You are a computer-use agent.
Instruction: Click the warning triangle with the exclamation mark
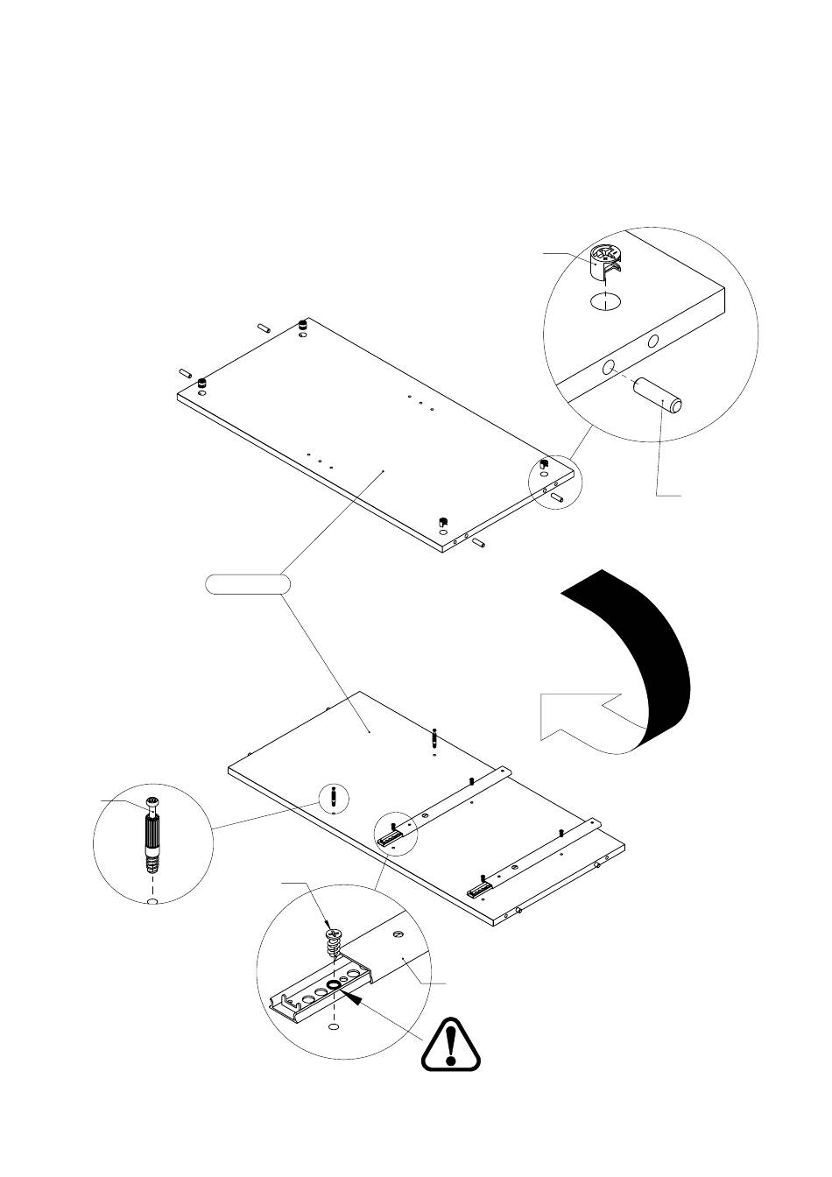[x=451, y=1044]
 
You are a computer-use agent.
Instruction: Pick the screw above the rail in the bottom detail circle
[x=332, y=942]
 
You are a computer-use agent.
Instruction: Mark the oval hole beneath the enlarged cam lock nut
[x=604, y=303]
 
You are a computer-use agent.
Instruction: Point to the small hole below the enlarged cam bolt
[x=152, y=901]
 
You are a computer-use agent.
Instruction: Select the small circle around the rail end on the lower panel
[x=396, y=832]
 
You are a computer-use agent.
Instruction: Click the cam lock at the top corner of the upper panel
[x=303, y=325]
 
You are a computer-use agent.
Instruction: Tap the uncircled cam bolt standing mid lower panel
[x=435, y=737]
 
